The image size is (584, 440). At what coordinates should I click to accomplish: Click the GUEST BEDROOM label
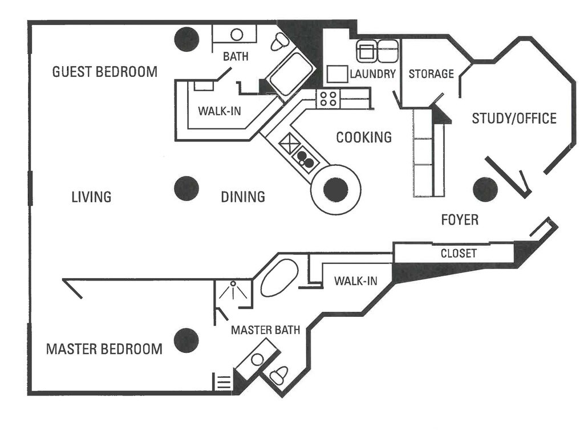[x=104, y=72]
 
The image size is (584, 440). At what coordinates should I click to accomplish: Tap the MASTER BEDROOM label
[x=104, y=349]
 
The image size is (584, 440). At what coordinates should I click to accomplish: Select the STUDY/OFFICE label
[x=514, y=119]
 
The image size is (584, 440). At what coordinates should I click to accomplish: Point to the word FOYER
[x=460, y=220]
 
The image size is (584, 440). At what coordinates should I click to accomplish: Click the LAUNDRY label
[x=372, y=74]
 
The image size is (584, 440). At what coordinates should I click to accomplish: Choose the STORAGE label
[x=431, y=74]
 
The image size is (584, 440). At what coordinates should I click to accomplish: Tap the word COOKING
[x=364, y=137]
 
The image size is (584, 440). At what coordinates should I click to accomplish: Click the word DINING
[x=243, y=197]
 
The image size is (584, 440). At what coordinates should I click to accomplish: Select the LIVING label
[x=91, y=197]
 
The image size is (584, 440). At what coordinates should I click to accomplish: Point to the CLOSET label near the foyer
[x=459, y=254]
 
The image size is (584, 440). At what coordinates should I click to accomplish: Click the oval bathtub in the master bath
[x=279, y=278]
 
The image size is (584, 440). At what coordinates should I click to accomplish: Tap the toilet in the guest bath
[x=279, y=41]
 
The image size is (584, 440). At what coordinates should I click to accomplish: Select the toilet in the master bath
[x=278, y=375]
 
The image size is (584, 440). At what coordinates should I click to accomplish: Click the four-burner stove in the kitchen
[x=328, y=99]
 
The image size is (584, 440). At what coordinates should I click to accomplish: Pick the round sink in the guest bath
[x=237, y=35]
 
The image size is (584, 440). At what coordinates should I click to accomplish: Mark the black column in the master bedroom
[x=186, y=340]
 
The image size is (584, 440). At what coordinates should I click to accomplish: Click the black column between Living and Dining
[x=186, y=189]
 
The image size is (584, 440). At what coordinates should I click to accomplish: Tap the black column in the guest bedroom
[x=186, y=39]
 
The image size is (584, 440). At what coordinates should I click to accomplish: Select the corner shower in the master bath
[x=233, y=292]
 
